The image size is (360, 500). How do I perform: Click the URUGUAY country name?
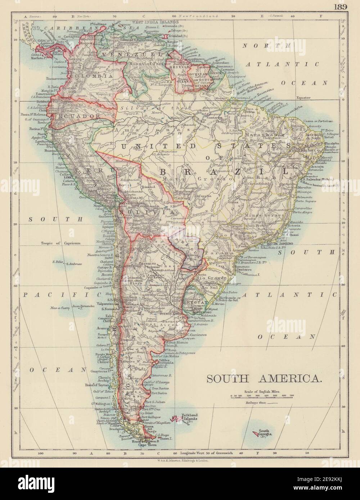click(x=193, y=303)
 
